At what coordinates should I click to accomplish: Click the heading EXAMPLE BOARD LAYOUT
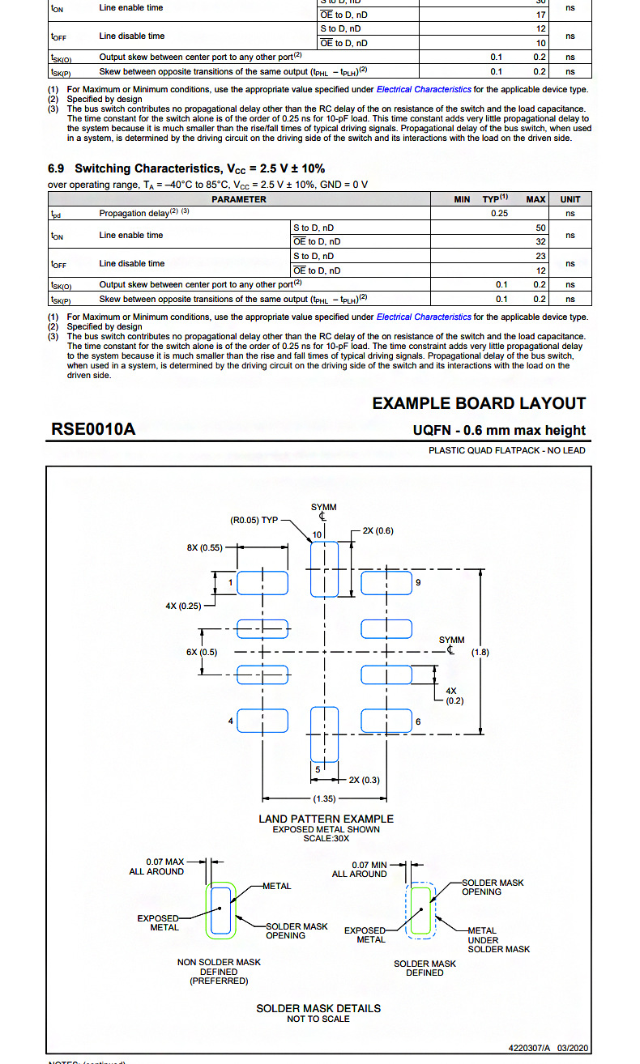pyautogui.click(x=479, y=403)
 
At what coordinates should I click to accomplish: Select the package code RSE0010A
pyautogui.click(x=93, y=429)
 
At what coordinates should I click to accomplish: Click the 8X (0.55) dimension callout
pyautogui.click(x=205, y=547)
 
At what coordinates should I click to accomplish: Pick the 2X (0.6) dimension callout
pyautogui.click(x=378, y=530)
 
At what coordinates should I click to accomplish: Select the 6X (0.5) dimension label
pyautogui.click(x=202, y=652)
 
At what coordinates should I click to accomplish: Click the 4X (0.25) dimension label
pyautogui.click(x=183, y=606)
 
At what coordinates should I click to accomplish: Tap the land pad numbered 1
pyautogui.click(x=262, y=583)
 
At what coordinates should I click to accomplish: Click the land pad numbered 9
pyautogui.click(x=386, y=583)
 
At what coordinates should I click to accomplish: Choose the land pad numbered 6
pyautogui.click(x=386, y=721)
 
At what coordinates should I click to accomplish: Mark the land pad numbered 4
pyautogui.click(x=262, y=721)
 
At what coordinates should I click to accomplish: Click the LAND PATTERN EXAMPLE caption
pyautogui.click(x=326, y=819)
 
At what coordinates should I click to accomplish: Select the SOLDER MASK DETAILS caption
pyautogui.click(x=318, y=1008)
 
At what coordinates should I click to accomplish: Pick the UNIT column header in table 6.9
pyautogui.click(x=570, y=199)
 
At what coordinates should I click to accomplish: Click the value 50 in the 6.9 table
pyautogui.click(x=541, y=228)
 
